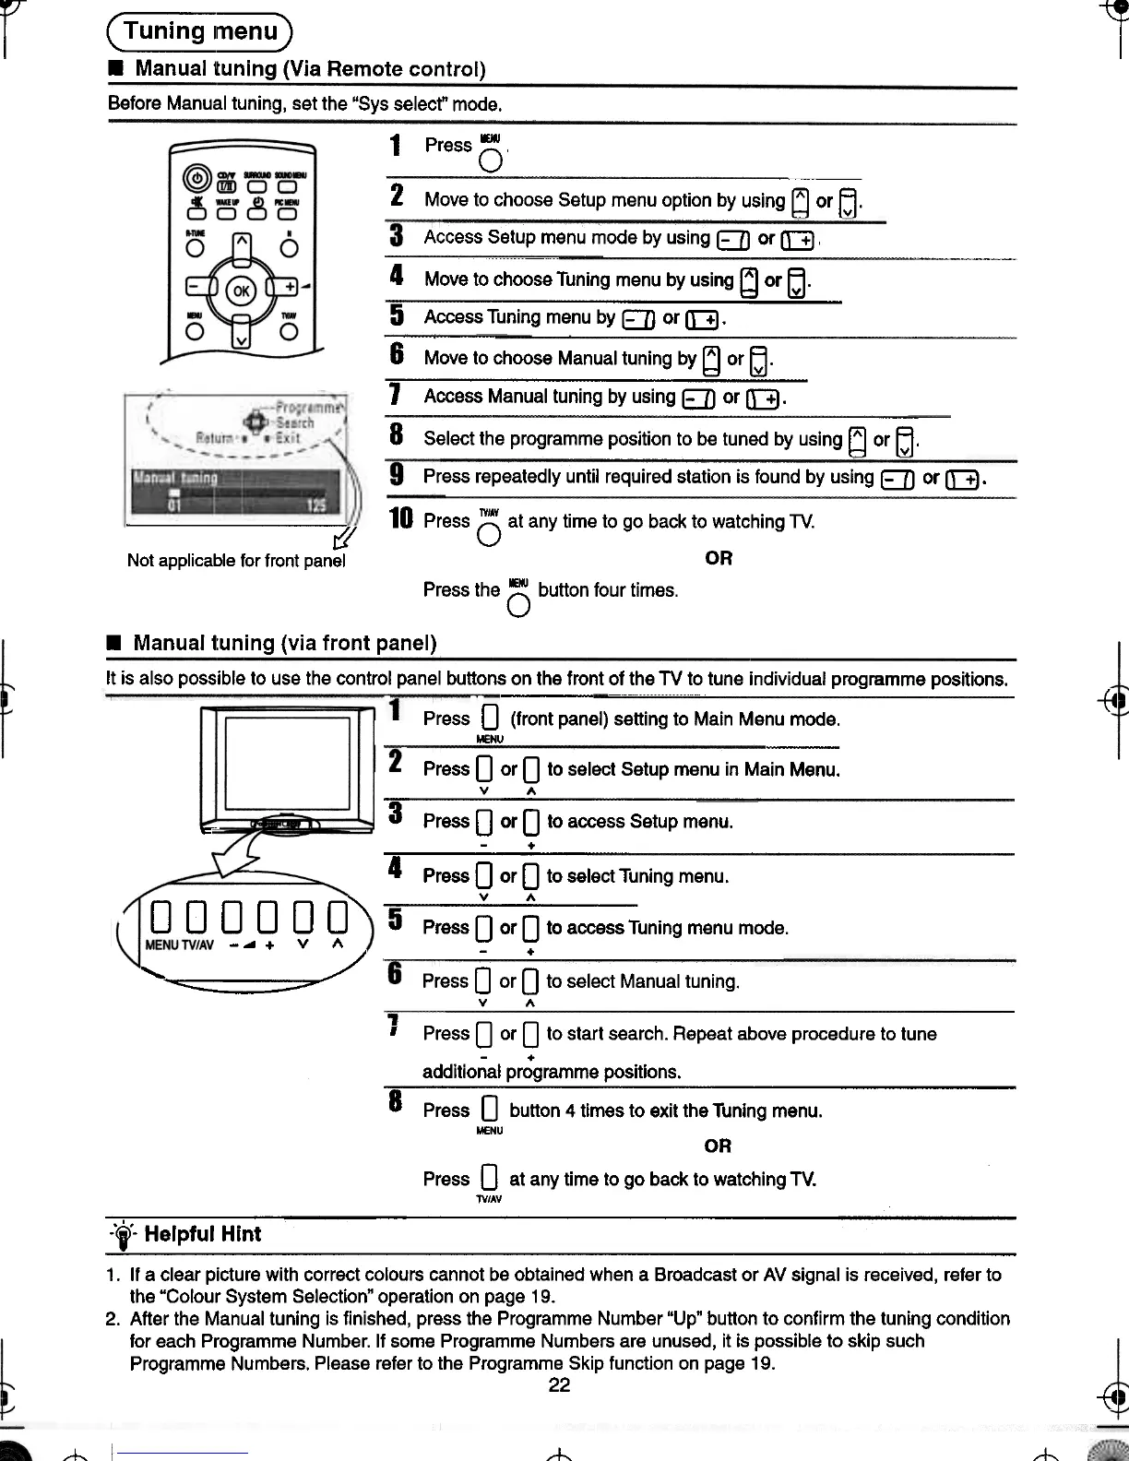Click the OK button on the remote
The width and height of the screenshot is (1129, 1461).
coord(242,291)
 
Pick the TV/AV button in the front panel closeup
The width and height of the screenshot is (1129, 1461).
coord(196,917)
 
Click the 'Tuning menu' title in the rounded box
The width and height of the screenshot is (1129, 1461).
coord(200,31)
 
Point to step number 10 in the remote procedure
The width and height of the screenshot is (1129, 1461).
coord(401,520)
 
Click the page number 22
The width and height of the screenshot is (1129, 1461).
coord(559,1385)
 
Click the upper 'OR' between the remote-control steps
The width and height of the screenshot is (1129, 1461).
coord(719,558)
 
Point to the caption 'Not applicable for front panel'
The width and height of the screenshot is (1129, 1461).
coord(236,561)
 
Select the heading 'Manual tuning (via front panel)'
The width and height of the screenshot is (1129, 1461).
coord(284,643)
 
